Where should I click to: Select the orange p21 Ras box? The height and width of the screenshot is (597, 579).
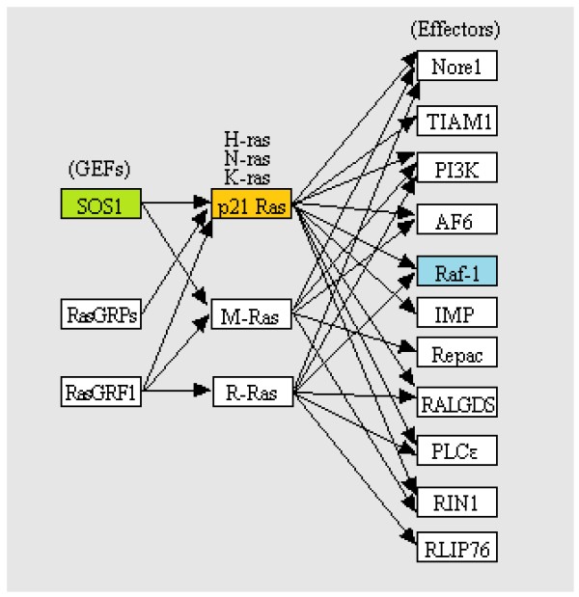(x=251, y=204)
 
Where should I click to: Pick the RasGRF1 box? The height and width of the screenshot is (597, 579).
(x=99, y=391)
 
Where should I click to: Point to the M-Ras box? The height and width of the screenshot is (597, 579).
(x=251, y=315)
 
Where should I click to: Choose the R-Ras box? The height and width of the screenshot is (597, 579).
(x=251, y=392)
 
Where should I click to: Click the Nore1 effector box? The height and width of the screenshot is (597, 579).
(x=455, y=65)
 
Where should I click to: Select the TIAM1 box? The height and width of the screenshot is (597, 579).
(x=455, y=121)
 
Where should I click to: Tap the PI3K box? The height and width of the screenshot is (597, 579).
(x=455, y=170)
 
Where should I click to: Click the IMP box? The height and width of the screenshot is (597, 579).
(x=455, y=312)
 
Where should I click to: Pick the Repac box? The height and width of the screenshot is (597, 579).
(x=455, y=354)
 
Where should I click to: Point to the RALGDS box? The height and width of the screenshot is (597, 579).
(x=455, y=403)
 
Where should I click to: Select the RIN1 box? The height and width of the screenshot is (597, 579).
(x=455, y=501)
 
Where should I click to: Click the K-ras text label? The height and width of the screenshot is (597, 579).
(x=248, y=178)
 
